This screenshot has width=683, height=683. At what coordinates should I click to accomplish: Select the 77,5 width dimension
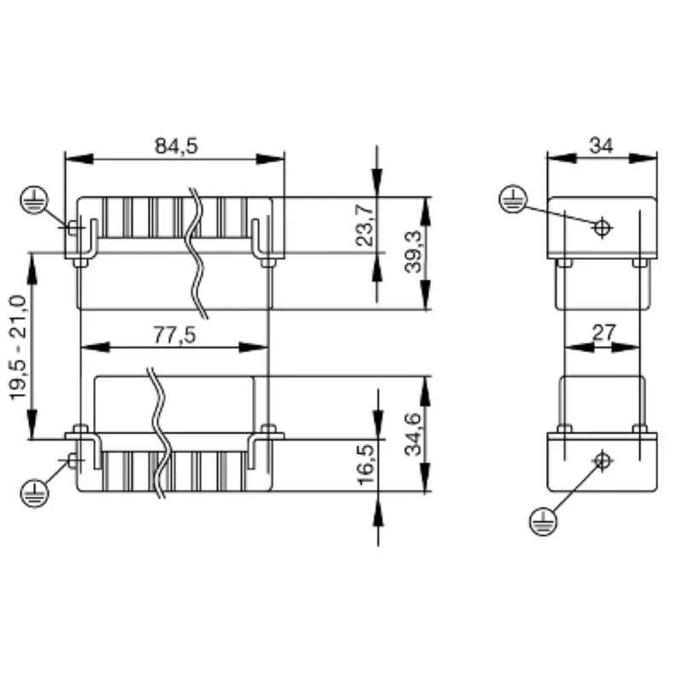[x=175, y=335]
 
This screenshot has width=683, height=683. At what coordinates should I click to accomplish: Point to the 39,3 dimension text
[x=413, y=253]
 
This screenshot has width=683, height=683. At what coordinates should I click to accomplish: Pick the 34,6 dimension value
[x=413, y=434]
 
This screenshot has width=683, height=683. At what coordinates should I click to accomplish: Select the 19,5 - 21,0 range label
[x=17, y=346]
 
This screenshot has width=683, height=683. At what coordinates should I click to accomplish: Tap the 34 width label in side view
[x=601, y=145]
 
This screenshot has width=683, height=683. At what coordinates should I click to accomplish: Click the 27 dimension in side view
[x=603, y=333]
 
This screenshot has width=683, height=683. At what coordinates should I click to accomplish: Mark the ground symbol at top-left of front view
[x=32, y=201]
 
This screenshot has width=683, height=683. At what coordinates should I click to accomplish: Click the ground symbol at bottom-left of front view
[x=32, y=493]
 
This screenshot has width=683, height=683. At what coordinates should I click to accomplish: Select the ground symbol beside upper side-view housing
[x=511, y=200]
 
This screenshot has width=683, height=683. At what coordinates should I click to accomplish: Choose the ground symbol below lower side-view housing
[x=542, y=518]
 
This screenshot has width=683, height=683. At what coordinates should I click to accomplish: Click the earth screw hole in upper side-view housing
[x=603, y=228]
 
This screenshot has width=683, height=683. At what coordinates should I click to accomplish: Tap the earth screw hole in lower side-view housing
[x=603, y=461]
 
